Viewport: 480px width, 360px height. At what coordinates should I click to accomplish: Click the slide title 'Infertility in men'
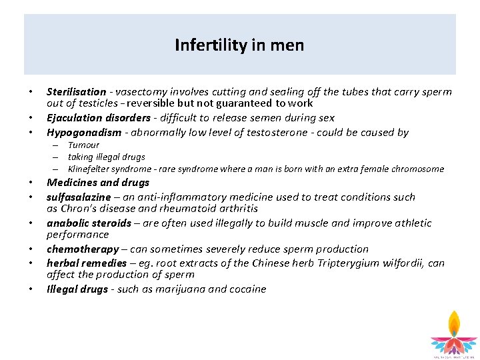point(239,45)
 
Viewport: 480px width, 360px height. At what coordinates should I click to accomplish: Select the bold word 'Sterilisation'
point(76,92)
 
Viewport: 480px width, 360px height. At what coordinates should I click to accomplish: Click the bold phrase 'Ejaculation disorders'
point(98,118)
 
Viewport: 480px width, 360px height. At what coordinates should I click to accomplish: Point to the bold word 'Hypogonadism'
point(84,133)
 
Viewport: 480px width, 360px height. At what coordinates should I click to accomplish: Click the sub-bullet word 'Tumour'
point(83,145)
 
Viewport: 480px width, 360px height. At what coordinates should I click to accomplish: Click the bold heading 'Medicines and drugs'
point(98,183)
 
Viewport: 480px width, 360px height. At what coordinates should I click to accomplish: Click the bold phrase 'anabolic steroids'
point(89,223)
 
